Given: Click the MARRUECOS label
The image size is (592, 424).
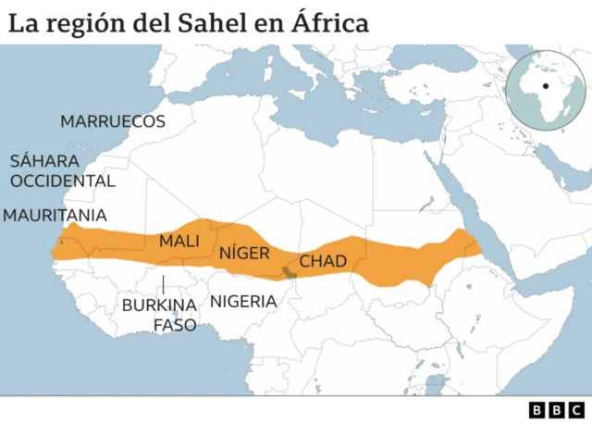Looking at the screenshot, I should click(113, 121).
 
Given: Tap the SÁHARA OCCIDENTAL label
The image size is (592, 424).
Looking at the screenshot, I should click(62, 170).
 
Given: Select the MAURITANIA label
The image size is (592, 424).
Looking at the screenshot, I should click(55, 215).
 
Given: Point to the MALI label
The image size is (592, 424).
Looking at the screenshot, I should click(179, 241).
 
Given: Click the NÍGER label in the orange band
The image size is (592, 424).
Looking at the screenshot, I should click(244, 253).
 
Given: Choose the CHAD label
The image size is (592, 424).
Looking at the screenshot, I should click(323, 262).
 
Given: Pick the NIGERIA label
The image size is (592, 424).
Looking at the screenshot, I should click(243, 301).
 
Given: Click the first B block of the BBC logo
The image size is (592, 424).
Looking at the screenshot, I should click(537, 409).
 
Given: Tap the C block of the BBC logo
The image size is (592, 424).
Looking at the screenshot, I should click(575, 409).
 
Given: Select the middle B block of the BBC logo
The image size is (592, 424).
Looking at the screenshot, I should click(556, 409).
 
